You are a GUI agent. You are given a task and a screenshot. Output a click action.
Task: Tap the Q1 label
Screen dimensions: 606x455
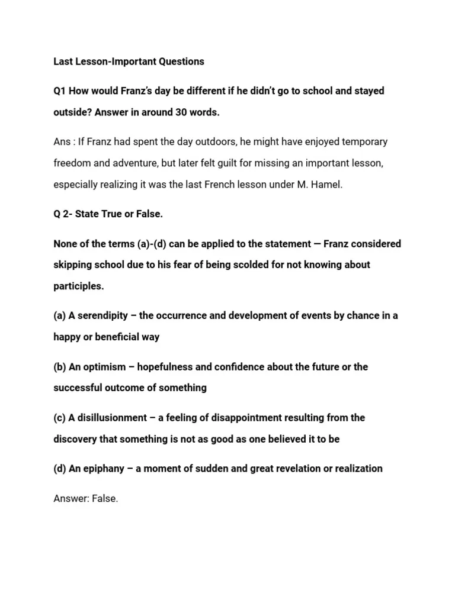coord(60,91)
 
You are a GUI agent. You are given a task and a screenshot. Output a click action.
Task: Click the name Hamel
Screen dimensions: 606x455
coord(328,185)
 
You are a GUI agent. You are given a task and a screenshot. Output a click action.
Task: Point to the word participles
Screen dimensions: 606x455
coord(78,286)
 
